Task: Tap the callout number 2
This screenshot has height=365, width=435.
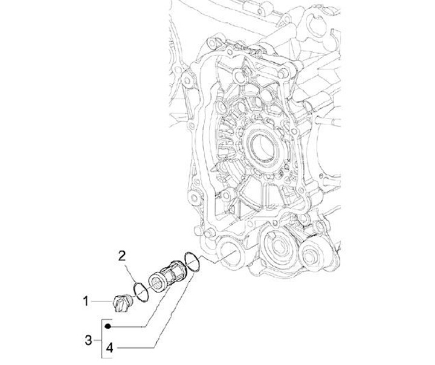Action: [x=121, y=256]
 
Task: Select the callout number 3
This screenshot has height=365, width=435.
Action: [x=89, y=341]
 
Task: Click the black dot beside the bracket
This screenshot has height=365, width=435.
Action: [x=108, y=326]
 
